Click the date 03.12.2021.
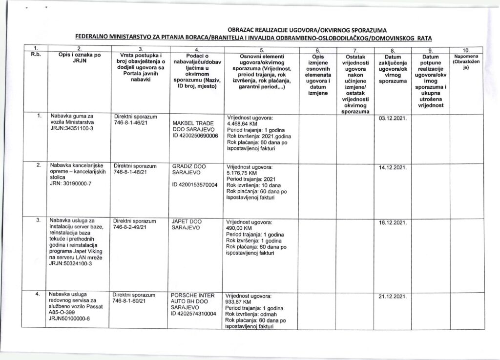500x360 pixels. coord(393,118)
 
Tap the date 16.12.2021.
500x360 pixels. coord(393,222)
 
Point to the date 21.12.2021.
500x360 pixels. coord(393,296)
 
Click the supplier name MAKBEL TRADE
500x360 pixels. coord(189,123)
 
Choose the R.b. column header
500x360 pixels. coord(35,55)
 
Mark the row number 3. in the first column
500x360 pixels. coord(38,221)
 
